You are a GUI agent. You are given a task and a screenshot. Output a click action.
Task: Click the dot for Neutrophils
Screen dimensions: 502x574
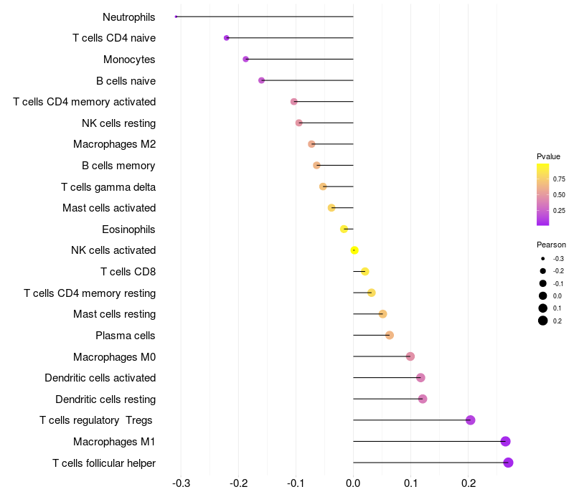(x=177, y=16)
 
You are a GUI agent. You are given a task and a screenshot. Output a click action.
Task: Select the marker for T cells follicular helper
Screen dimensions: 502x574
(x=508, y=463)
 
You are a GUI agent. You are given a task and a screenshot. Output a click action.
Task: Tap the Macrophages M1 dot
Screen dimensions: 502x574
(x=505, y=441)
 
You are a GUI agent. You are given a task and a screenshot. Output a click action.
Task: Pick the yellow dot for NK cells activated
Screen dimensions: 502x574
(x=354, y=250)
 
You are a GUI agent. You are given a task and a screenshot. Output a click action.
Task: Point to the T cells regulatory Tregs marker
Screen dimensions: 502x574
(x=471, y=420)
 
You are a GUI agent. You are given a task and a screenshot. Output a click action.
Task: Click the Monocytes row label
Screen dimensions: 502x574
(x=129, y=60)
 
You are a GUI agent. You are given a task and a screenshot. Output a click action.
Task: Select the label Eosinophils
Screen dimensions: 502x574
(x=129, y=229)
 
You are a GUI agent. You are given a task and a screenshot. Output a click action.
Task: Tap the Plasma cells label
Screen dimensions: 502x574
(x=126, y=336)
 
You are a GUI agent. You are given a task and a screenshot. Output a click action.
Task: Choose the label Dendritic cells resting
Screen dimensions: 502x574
(x=105, y=399)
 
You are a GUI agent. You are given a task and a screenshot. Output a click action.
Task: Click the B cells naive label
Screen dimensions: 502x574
(x=126, y=81)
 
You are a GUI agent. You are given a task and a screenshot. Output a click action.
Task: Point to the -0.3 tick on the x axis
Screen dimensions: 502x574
(x=182, y=483)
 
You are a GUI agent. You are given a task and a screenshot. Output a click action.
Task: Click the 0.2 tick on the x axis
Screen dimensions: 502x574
(x=469, y=483)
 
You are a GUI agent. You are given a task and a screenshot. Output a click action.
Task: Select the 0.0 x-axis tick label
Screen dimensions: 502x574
(x=354, y=483)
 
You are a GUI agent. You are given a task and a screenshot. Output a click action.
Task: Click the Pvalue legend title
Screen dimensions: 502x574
(x=548, y=156)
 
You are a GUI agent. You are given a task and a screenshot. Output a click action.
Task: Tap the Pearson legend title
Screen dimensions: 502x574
(x=551, y=245)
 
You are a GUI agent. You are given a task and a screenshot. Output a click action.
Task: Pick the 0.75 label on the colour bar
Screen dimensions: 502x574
(x=559, y=179)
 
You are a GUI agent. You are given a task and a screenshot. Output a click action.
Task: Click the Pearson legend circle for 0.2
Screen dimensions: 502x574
(x=543, y=321)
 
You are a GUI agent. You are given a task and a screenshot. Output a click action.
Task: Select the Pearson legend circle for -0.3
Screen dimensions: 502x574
(x=543, y=258)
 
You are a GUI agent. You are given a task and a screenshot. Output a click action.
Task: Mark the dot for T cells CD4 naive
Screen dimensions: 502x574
(x=227, y=38)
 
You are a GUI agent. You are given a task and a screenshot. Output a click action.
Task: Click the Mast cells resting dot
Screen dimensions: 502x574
(x=382, y=314)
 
